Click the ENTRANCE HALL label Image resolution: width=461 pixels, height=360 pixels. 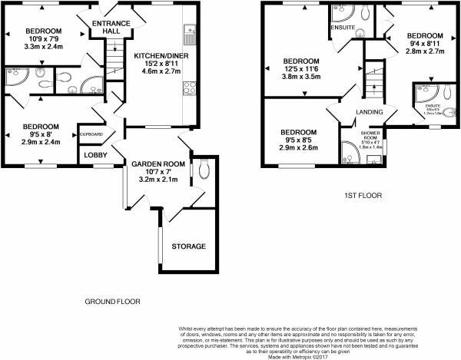tap(111, 28)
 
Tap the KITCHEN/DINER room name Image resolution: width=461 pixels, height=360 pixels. tap(158, 56)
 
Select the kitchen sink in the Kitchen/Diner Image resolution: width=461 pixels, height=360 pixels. tap(187, 33)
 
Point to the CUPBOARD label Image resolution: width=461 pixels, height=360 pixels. tap(93, 135)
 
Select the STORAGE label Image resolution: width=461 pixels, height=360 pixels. tap(188, 246)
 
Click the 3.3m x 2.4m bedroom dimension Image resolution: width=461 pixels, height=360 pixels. tap(44, 47)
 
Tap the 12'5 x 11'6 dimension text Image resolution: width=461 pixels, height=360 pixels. tap(301, 69)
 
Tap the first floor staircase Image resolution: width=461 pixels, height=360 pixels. tap(375, 77)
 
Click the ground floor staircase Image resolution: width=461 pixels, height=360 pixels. tap(114, 54)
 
